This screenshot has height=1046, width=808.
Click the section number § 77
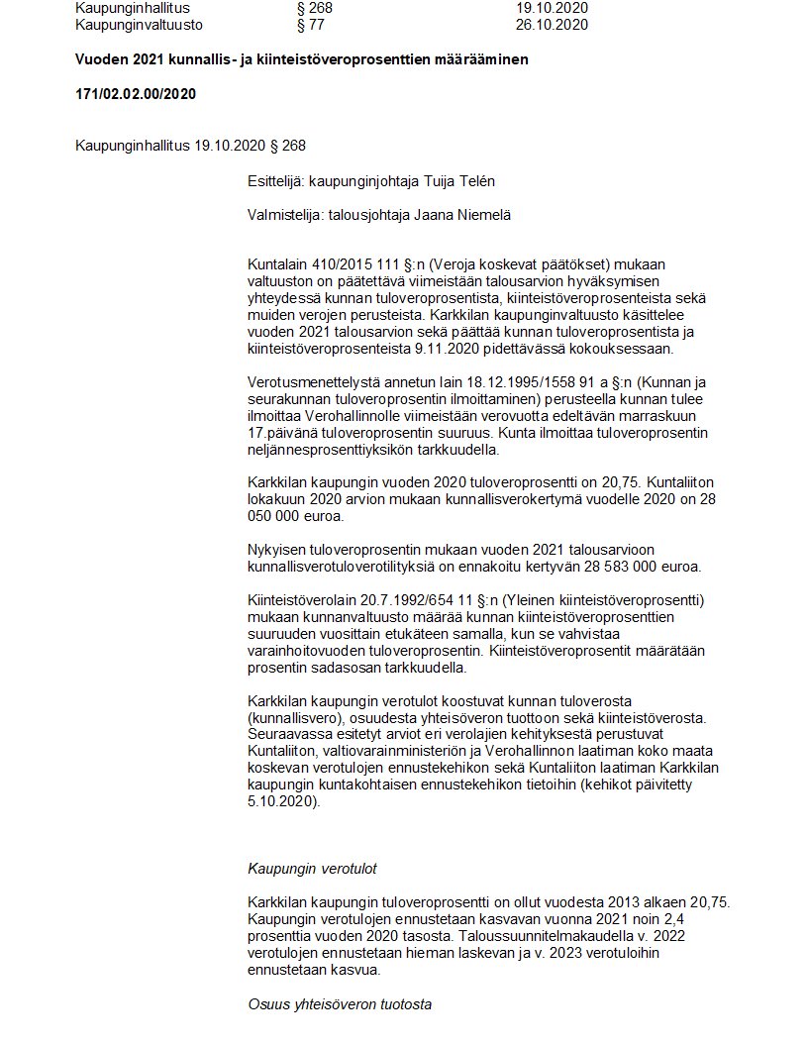click(310, 25)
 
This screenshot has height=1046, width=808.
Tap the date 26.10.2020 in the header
click(552, 25)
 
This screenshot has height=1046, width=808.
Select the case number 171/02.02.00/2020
click(136, 94)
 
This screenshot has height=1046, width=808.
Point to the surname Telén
click(474, 181)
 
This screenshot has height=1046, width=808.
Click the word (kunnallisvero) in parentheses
click(297, 716)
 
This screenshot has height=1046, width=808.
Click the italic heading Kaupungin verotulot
click(312, 869)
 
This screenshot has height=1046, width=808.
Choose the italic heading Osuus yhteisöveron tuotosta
click(340, 1004)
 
